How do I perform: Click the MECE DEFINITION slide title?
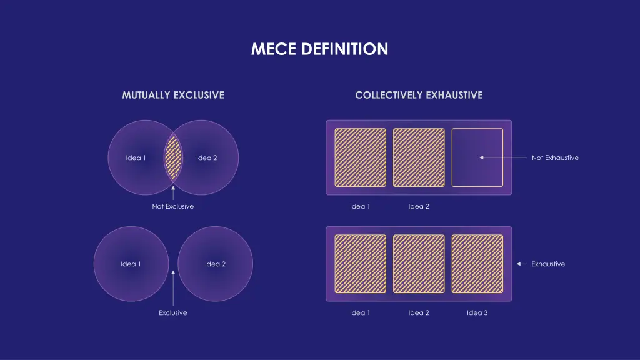tap(319, 49)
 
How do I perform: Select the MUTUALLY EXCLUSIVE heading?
tap(173, 95)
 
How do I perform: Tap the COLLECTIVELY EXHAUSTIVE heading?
tap(419, 95)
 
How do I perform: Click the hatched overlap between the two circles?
tap(173, 157)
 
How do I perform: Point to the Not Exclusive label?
tap(173, 206)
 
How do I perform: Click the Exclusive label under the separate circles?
tap(173, 312)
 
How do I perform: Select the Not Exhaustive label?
tap(555, 157)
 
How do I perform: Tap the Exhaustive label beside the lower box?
tap(548, 264)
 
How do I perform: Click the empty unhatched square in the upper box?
tap(477, 157)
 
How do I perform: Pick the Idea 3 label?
tap(477, 312)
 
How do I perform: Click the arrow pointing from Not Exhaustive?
tap(503, 157)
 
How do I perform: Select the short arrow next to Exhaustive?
tap(522, 264)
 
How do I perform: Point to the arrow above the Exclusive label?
tap(173, 287)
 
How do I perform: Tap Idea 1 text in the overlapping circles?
tap(136, 157)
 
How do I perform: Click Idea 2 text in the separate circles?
tap(216, 264)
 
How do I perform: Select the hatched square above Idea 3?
tap(477, 264)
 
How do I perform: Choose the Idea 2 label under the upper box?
tap(419, 206)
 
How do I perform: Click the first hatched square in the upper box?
tap(361, 157)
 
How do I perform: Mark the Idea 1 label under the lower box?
tap(360, 312)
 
